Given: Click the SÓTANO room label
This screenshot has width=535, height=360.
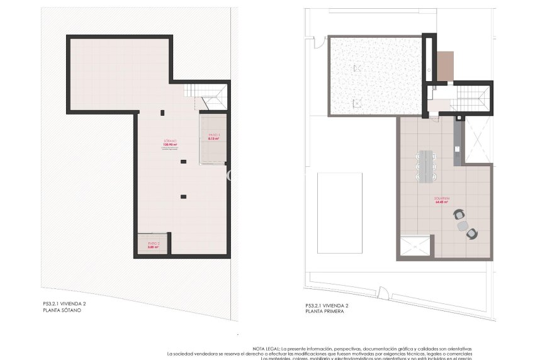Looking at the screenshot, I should (170, 141).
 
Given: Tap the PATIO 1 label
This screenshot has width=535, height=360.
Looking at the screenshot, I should (213, 135).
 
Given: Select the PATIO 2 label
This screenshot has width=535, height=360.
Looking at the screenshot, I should (154, 243).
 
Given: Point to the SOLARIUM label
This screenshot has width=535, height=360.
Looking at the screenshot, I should (441, 199).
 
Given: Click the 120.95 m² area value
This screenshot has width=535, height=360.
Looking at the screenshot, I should (169, 145).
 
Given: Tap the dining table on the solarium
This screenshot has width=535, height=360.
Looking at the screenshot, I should (428, 166).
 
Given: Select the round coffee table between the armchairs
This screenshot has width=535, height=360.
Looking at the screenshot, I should (464, 225).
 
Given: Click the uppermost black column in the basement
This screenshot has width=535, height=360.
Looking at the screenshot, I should (162, 113).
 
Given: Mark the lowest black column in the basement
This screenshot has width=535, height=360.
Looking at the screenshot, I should (183, 196).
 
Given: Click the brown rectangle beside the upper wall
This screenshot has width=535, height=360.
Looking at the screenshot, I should (445, 66).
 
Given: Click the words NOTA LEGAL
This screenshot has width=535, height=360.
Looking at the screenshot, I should (266, 349).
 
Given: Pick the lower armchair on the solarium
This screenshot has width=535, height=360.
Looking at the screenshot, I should (471, 234).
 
